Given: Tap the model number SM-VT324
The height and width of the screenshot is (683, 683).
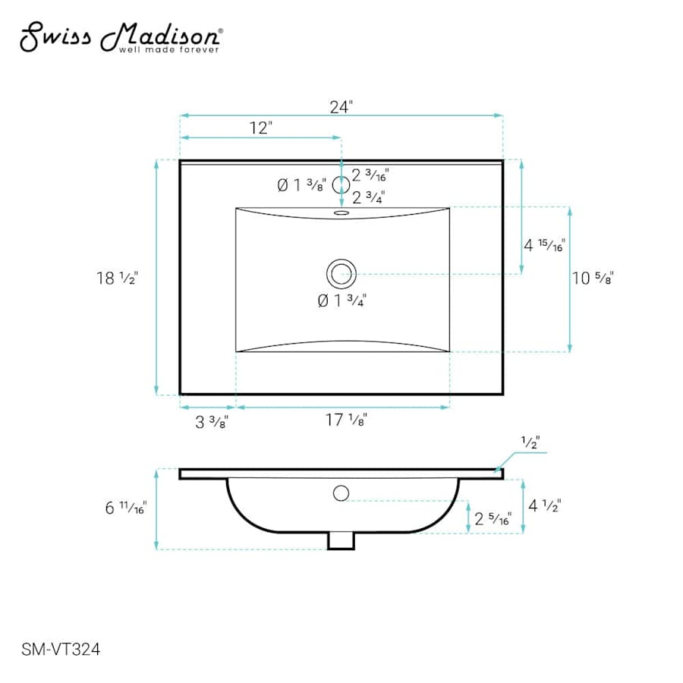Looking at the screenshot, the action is (x=61, y=650).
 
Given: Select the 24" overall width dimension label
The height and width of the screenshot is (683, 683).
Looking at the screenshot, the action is (x=341, y=107).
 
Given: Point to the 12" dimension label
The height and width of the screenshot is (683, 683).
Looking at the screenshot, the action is (x=260, y=128).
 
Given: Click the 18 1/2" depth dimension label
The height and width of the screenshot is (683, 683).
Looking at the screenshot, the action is (x=117, y=278).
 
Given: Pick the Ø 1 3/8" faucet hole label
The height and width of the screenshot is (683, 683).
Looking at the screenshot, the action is (x=301, y=186).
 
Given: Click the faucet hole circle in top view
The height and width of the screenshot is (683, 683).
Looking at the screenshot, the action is (x=341, y=185).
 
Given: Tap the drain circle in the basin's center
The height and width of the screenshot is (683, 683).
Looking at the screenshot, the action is (x=341, y=274).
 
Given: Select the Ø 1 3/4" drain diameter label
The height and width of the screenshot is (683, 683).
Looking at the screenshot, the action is (x=342, y=301).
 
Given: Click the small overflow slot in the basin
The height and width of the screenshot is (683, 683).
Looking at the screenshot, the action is (x=341, y=213).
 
